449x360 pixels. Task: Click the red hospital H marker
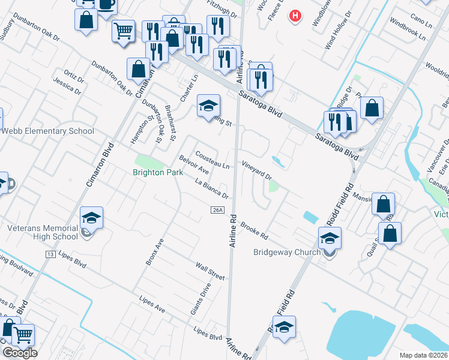click(x=294, y=16)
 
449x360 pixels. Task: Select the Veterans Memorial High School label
click(x=43, y=232)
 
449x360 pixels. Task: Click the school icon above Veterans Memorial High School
click(x=91, y=218)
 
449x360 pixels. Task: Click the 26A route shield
click(x=218, y=209)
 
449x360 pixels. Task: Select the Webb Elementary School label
click(x=47, y=131)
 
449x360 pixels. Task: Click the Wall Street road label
click(x=210, y=271)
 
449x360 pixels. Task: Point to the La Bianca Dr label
click(x=212, y=188)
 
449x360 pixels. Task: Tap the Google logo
click(x=19, y=353)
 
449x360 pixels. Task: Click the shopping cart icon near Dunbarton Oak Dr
click(x=123, y=31)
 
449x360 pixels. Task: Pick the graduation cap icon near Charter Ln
click(x=208, y=107)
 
